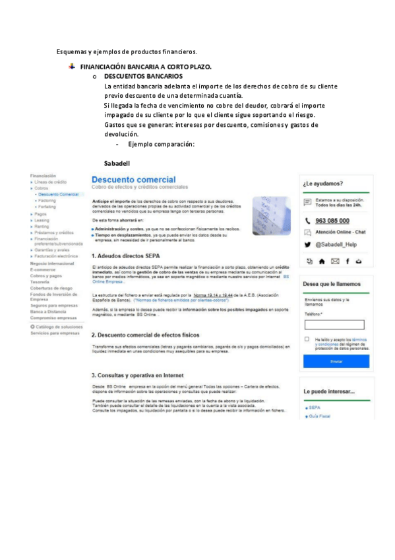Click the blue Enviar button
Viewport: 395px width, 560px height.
(336, 361)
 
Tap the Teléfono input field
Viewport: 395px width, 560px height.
(334, 324)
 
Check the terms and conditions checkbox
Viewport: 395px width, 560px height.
(307, 339)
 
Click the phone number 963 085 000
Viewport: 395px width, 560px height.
(332, 221)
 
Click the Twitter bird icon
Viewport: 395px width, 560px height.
(307, 244)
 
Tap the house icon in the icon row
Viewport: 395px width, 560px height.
(322, 262)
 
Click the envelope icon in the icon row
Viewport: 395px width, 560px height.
(335, 262)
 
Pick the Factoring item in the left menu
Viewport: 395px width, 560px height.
(47, 200)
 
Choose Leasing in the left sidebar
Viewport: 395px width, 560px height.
(43, 221)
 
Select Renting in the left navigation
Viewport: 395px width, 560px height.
(43, 227)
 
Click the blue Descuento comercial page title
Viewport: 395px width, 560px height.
(133, 180)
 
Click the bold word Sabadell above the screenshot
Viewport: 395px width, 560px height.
(117, 162)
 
